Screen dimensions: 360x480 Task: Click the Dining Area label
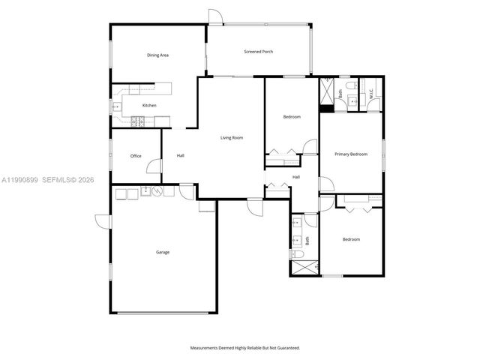[x=157, y=55]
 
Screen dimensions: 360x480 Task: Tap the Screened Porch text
[x=259, y=52]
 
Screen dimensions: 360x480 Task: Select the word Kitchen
[x=150, y=106]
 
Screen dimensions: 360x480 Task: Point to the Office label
[x=136, y=156]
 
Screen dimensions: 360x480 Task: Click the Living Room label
[x=232, y=138]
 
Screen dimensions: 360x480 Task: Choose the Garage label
[x=162, y=252]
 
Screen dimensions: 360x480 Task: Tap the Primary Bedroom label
[x=351, y=154]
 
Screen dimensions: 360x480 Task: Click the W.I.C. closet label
[x=370, y=94]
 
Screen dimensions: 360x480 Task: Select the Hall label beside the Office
[x=181, y=156]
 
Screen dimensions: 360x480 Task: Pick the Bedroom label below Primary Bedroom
[x=351, y=239]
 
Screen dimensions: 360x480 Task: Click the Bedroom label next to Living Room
[x=292, y=117]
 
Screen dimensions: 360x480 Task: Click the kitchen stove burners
[x=137, y=121]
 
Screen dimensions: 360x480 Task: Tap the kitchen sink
[x=116, y=107]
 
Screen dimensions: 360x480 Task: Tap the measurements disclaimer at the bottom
[x=244, y=348]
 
